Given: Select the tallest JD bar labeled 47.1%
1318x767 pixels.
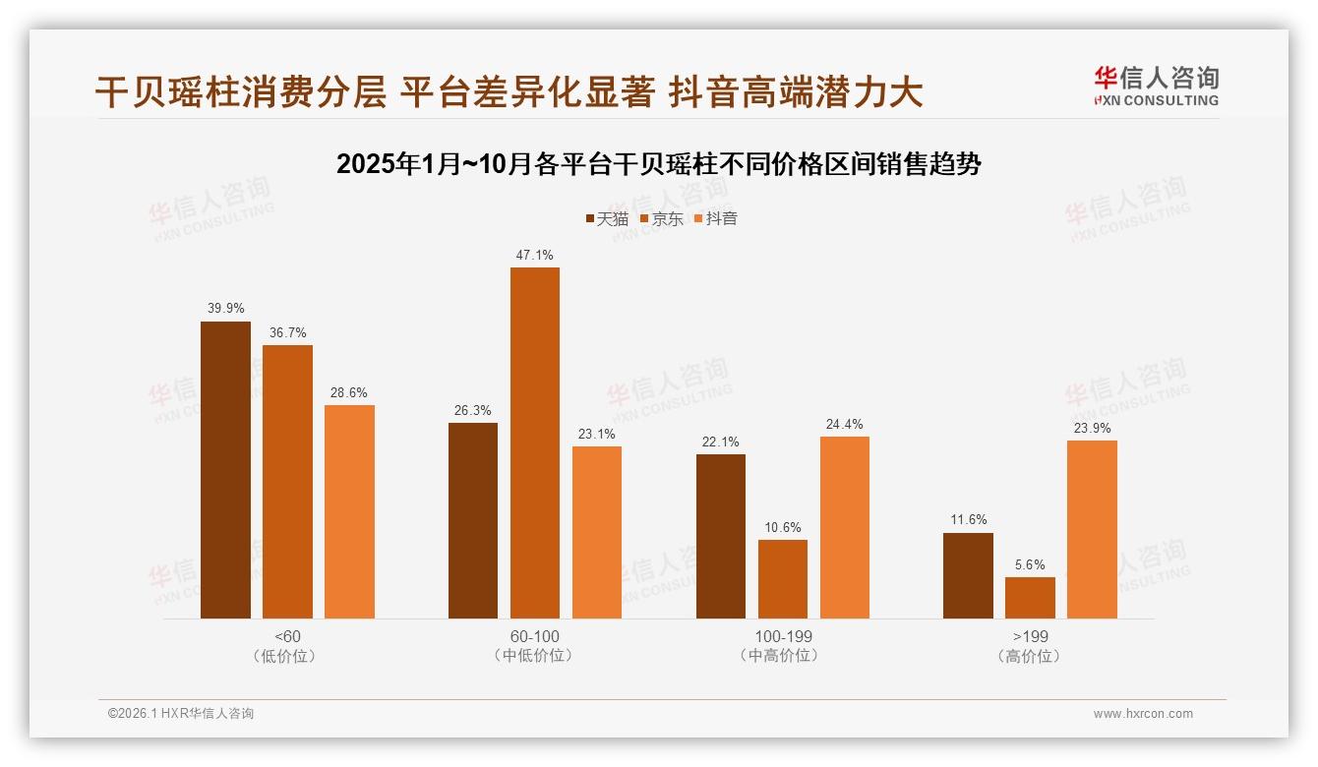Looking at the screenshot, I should (534, 442).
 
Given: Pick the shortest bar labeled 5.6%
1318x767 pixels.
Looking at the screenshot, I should (1030, 598).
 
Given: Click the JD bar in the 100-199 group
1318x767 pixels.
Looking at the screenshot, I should (782, 579).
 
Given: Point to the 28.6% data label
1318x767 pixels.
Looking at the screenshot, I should (349, 392).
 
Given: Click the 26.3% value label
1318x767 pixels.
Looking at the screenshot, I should (473, 410).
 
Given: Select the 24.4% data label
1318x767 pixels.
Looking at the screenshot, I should (845, 424).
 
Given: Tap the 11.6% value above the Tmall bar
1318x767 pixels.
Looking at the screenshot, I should (968, 519).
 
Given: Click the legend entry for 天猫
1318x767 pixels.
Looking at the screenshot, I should (607, 219).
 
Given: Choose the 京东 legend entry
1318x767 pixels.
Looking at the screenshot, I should (661, 219).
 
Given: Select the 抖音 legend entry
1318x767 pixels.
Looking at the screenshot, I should (715, 219).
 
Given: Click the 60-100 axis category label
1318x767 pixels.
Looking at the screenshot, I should (534, 636).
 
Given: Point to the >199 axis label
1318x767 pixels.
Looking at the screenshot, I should (1030, 636).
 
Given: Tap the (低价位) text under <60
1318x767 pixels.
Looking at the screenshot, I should (287, 655).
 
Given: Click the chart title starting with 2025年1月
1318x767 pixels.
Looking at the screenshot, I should (659, 163).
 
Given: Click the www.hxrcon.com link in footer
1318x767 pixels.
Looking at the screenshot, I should (1143, 714).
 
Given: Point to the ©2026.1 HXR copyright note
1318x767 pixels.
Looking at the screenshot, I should (181, 714).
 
